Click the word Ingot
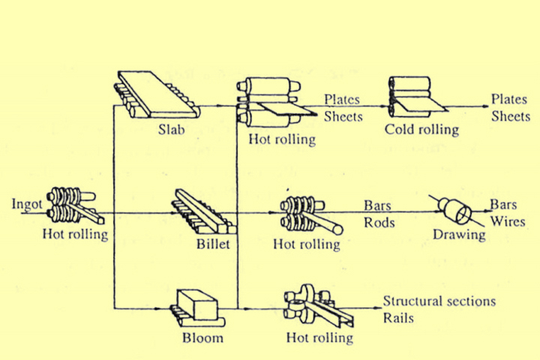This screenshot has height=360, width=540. pyautogui.click(x=26, y=204)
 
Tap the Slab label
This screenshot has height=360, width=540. pyautogui.click(x=171, y=130)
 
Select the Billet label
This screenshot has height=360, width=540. pyautogui.click(x=213, y=244)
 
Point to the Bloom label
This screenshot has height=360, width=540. pyautogui.click(x=202, y=337)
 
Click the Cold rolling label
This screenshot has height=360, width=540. pyautogui.click(x=421, y=130)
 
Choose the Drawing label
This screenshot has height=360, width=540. pyautogui.click(x=459, y=235)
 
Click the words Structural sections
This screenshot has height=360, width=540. pyautogui.click(x=439, y=301)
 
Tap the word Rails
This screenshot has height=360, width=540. pyautogui.click(x=398, y=318)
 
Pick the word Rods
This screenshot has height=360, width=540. pyautogui.click(x=379, y=223)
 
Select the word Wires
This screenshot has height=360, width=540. pyautogui.click(x=508, y=221)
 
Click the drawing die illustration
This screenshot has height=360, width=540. pyautogui.click(x=457, y=210)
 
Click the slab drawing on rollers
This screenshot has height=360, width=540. pyautogui.click(x=157, y=94)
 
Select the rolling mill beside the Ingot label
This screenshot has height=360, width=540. pyautogui.click(x=75, y=207)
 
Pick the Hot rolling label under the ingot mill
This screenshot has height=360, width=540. pyautogui.click(x=75, y=234)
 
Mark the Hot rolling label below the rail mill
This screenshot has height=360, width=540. pyautogui.click(x=319, y=337)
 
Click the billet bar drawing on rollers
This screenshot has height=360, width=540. pyautogui.click(x=204, y=211)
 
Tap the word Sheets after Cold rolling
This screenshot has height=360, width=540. pyautogui.click(x=511, y=116)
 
